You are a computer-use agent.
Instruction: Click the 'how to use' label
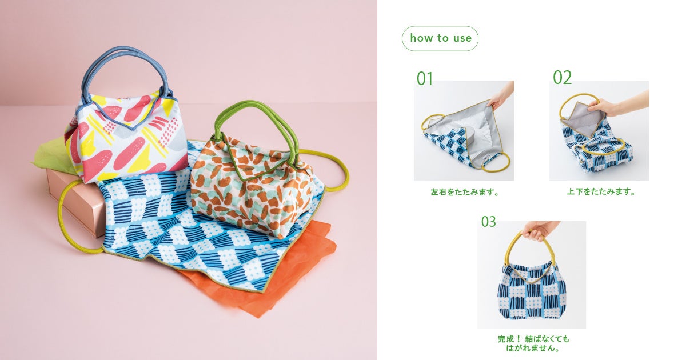[440, 38]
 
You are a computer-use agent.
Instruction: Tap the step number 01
[424, 78]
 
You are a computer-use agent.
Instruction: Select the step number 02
[563, 77]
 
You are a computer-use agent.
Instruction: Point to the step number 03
[488, 221]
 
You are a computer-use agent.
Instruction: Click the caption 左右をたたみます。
[465, 192]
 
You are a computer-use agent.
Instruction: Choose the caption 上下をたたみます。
[601, 191]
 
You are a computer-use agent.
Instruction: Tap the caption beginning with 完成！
[533, 343]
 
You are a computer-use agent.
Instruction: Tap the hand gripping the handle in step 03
[539, 230]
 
